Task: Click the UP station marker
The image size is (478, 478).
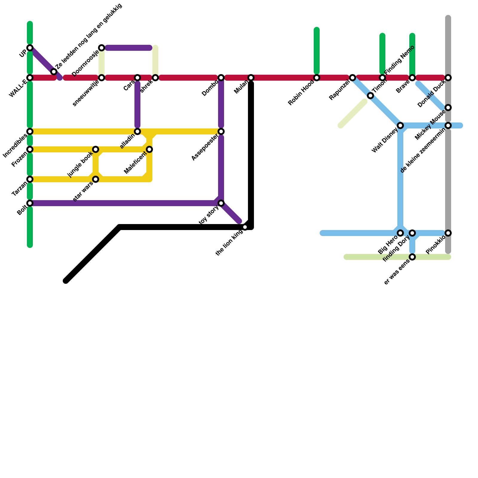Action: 30,48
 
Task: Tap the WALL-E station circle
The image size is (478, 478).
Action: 30,78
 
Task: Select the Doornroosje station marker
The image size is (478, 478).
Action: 102,48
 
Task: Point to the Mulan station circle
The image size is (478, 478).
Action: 251,78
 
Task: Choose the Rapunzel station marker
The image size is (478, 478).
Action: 353,78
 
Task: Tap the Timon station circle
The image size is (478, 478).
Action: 370,96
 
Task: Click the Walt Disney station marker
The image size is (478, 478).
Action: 400,125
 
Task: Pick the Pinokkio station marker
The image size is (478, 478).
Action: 448,233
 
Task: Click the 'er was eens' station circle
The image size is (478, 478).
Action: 412,257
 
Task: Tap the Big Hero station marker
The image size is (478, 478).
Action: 400,233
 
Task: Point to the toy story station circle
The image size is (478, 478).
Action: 221,203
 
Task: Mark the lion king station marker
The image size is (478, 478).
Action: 245,227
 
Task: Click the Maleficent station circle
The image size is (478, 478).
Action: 149,149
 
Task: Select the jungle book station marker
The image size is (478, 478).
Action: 96,149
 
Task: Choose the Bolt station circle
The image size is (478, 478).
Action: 30,203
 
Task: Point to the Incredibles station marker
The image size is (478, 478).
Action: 30,131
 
